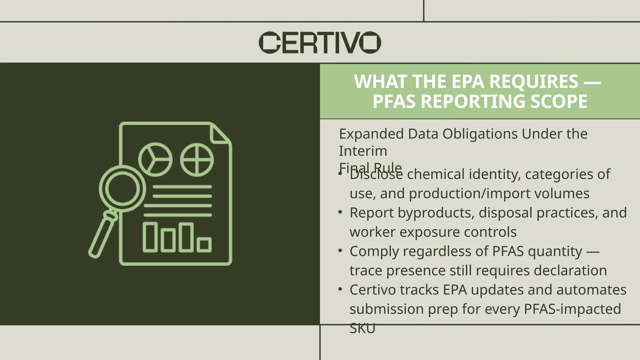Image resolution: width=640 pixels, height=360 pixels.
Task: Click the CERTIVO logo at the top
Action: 320,42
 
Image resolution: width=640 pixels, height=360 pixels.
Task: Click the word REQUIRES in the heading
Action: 534,82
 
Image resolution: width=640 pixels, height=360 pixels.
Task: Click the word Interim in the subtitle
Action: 363,151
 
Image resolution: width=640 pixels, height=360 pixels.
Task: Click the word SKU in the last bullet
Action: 362,328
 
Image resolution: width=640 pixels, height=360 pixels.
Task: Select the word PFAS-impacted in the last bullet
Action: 572,309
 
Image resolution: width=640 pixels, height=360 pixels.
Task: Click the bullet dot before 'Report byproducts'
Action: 341,212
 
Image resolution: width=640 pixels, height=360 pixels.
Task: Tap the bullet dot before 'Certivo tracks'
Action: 341,289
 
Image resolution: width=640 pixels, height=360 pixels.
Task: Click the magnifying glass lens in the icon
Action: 122,188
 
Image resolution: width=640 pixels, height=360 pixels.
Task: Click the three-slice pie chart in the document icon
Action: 155,159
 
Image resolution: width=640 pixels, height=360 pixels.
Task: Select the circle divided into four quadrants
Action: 197,160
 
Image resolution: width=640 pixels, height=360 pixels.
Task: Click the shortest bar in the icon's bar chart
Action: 204,245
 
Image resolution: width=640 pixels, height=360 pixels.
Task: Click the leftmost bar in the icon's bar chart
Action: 150,237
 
